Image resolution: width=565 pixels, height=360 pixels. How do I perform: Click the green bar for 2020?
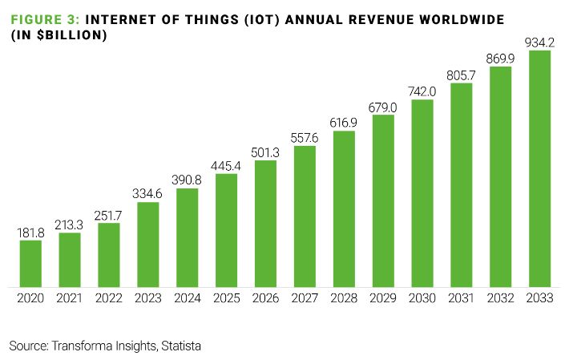pyautogui.click(x=30, y=263)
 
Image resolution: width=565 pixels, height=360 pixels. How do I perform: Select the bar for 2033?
pyautogui.click(x=540, y=168)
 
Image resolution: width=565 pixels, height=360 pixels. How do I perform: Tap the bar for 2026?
pyautogui.click(x=265, y=224)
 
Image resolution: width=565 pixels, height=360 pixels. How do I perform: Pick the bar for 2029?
pyautogui.click(x=383, y=200)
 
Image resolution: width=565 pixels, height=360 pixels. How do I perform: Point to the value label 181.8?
pyautogui.click(x=30, y=232)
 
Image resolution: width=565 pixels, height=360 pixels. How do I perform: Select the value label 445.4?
pyautogui.click(x=227, y=165)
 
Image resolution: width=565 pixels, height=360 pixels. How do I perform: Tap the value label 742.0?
pyautogui.click(x=422, y=91)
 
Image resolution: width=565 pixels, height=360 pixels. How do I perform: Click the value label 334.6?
pyautogui.click(x=148, y=193)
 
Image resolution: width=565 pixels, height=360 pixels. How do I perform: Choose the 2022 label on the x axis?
pyautogui.click(x=109, y=299)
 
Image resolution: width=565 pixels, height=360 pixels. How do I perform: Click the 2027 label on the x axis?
pyautogui.click(x=305, y=299)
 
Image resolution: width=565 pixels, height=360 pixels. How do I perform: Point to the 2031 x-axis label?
pyautogui.click(x=462, y=299)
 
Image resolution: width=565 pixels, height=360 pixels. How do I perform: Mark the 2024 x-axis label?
pyautogui.click(x=188, y=299)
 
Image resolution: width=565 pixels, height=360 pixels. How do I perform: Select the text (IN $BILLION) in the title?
pyautogui.click(x=58, y=36)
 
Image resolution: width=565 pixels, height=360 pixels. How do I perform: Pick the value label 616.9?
pyautogui.click(x=344, y=122)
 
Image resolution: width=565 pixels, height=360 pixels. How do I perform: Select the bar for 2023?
pyautogui.click(x=148, y=245)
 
